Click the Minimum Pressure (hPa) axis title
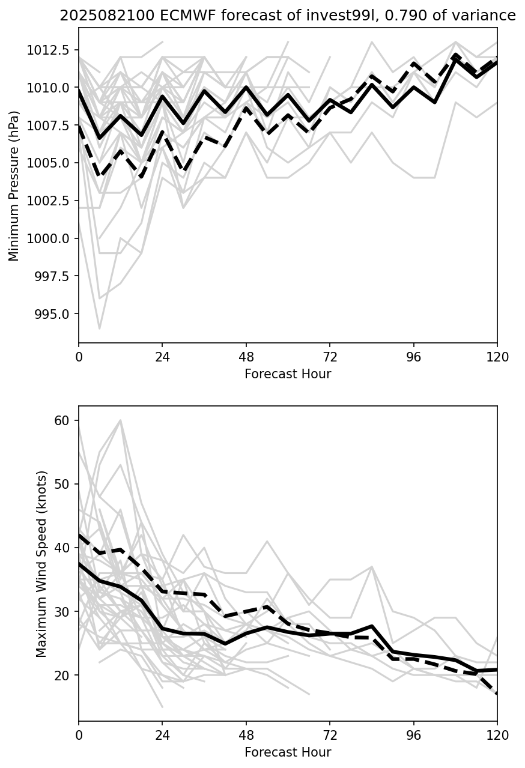point(14,186)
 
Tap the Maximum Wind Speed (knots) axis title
point(41,564)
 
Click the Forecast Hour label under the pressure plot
point(288,374)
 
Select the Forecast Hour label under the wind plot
point(288,752)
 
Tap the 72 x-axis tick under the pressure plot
point(330,357)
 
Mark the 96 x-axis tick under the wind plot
point(413,736)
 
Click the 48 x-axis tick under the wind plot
point(246,736)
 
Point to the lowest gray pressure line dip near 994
point(99,328)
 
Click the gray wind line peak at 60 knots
point(121,420)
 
